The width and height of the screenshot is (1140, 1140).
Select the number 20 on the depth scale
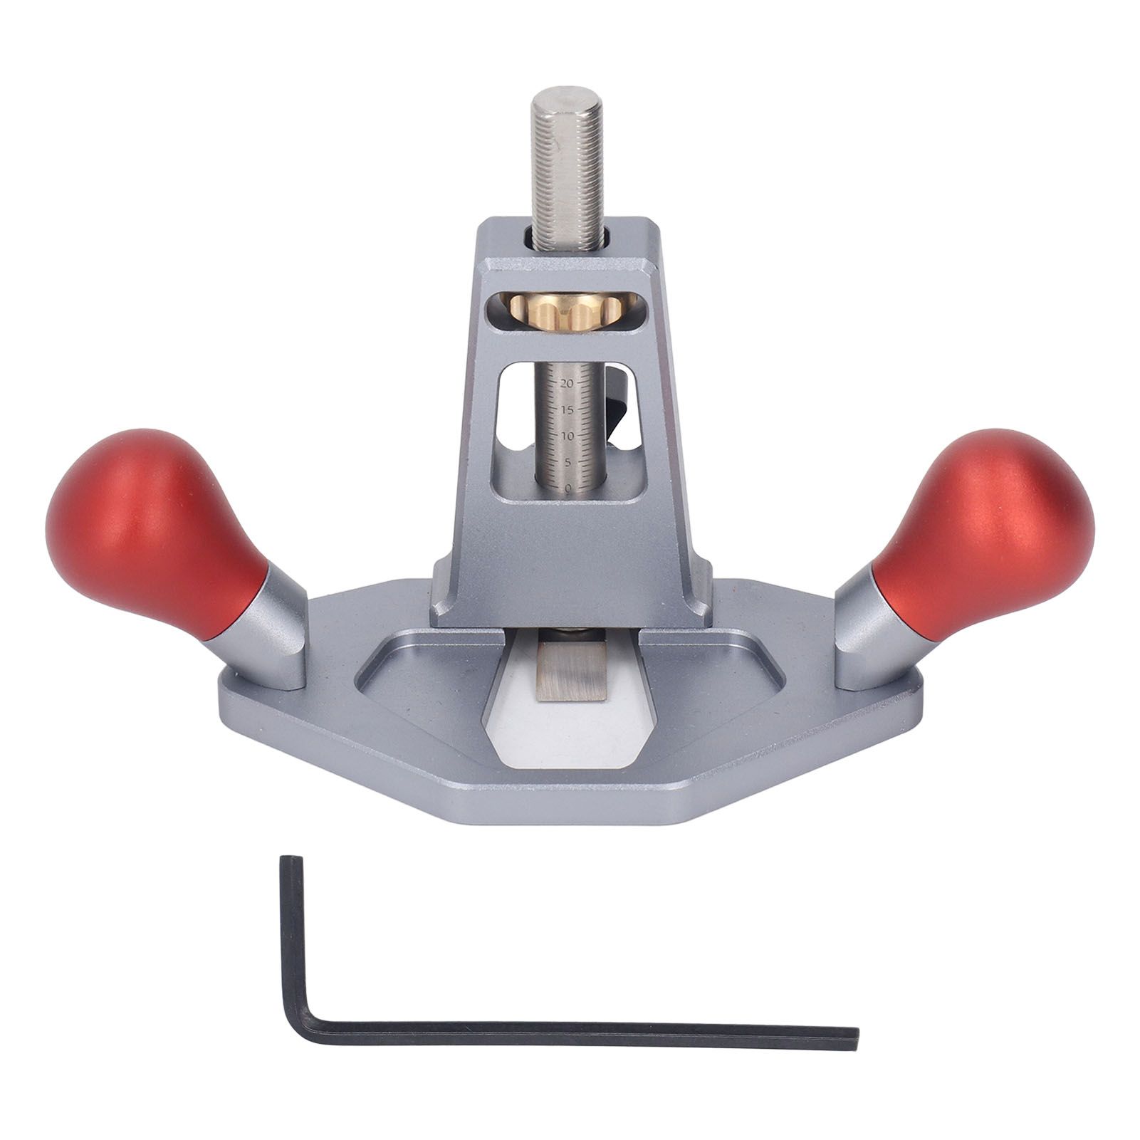coord(567,383)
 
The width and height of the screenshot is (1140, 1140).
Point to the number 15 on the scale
coord(567,409)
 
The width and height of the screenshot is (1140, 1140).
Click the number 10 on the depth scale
coord(567,435)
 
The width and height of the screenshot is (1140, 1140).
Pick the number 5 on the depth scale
coord(568,461)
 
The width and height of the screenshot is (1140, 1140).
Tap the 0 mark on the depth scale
coord(568,488)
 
